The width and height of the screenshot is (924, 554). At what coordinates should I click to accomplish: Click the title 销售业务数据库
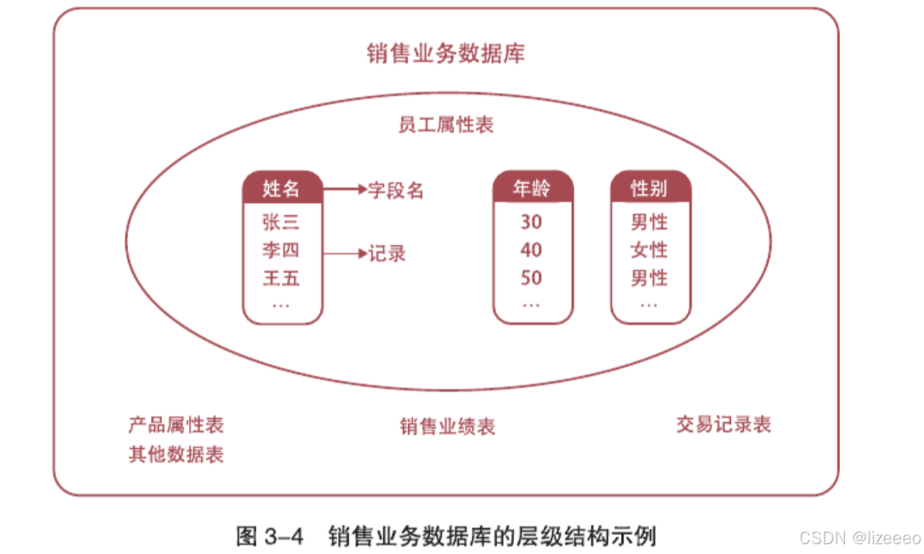446,54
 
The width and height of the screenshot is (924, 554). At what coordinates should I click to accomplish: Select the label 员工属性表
446,125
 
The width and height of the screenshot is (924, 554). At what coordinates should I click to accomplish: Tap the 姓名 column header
282,189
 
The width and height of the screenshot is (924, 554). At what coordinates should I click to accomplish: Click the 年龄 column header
532,189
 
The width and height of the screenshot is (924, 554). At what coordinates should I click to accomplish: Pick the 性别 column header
649,189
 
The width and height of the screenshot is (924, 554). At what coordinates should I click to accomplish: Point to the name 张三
282,222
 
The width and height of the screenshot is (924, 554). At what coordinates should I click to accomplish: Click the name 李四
282,250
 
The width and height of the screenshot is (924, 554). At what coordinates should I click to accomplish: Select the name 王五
282,279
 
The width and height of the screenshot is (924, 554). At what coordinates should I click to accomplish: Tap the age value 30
531,222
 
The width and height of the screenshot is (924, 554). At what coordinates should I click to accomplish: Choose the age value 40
531,250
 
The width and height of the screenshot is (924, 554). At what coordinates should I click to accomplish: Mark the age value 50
531,279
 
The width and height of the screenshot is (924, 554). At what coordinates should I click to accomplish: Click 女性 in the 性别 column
649,250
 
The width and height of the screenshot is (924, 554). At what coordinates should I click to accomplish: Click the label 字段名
396,190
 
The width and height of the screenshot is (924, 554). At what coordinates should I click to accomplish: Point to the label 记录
387,253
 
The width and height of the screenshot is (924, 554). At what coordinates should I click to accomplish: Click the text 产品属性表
176,424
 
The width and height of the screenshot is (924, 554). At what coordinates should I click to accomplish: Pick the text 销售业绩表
447,426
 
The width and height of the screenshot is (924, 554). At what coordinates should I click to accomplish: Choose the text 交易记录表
724,424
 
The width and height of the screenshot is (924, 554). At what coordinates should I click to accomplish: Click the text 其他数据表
176,454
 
